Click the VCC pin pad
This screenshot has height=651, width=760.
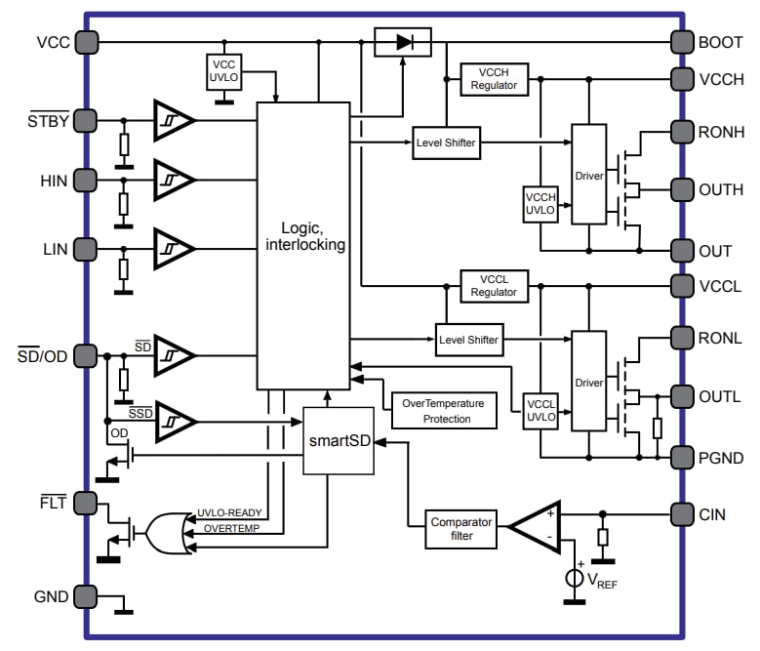[x=86, y=42]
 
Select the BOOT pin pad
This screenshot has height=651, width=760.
[x=682, y=42]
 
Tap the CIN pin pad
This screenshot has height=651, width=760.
[x=682, y=513]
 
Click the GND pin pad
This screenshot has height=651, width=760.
[x=86, y=595]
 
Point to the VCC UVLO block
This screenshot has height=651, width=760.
[x=224, y=70]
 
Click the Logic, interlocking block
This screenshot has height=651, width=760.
[x=303, y=245]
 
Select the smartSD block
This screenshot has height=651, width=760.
[x=339, y=440]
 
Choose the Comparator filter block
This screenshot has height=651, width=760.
[x=461, y=529]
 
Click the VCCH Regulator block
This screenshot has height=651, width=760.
[x=494, y=79]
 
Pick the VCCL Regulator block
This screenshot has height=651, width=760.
[x=494, y=286]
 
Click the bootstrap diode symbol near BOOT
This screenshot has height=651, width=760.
[x=403, y=42]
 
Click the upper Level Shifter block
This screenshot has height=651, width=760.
[x=445, y=142]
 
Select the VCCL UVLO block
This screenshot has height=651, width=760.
[x=540, y=410]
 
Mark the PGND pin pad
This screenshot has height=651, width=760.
[x=682, y=456]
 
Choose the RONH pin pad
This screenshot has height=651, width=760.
[x=682, y=130]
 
